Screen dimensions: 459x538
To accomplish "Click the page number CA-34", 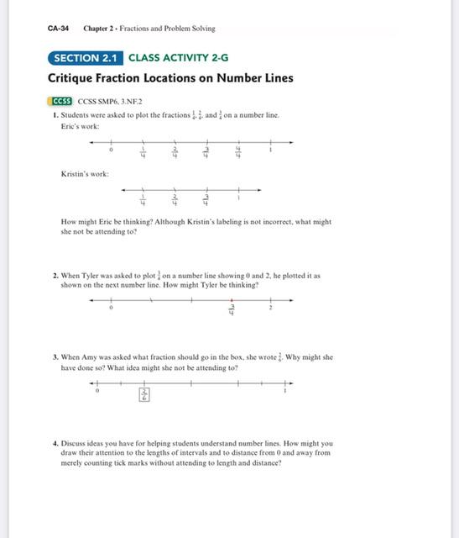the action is tap(58, 28).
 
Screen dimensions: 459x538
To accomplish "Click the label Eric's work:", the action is tap(80, 126).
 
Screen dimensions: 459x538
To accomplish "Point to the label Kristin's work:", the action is tap(84, 174).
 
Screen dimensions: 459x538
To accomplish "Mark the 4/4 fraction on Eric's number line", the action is tap(237, 154).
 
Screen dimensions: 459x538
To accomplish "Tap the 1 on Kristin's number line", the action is tap(238, 199).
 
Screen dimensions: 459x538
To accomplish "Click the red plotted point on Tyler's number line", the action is tap(232, 300).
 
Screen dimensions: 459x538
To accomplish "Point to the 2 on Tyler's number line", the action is tap(270, 309).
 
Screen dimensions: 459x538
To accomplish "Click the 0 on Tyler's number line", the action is tap(112, 309).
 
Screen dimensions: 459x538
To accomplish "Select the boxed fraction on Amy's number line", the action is tap(144, 394).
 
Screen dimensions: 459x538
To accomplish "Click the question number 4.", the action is tap(55, 443).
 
